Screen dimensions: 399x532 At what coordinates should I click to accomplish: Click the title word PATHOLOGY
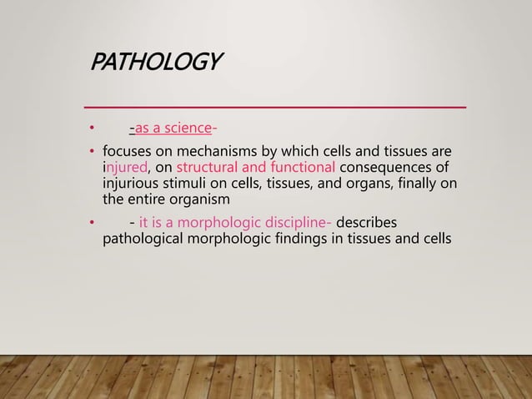tap(157, 63)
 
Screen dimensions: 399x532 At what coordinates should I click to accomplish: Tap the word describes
tap(368, 222)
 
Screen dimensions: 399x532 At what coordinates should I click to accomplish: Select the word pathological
tap(143, 238)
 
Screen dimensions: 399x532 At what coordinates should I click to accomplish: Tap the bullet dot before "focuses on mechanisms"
tap(93, 153)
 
